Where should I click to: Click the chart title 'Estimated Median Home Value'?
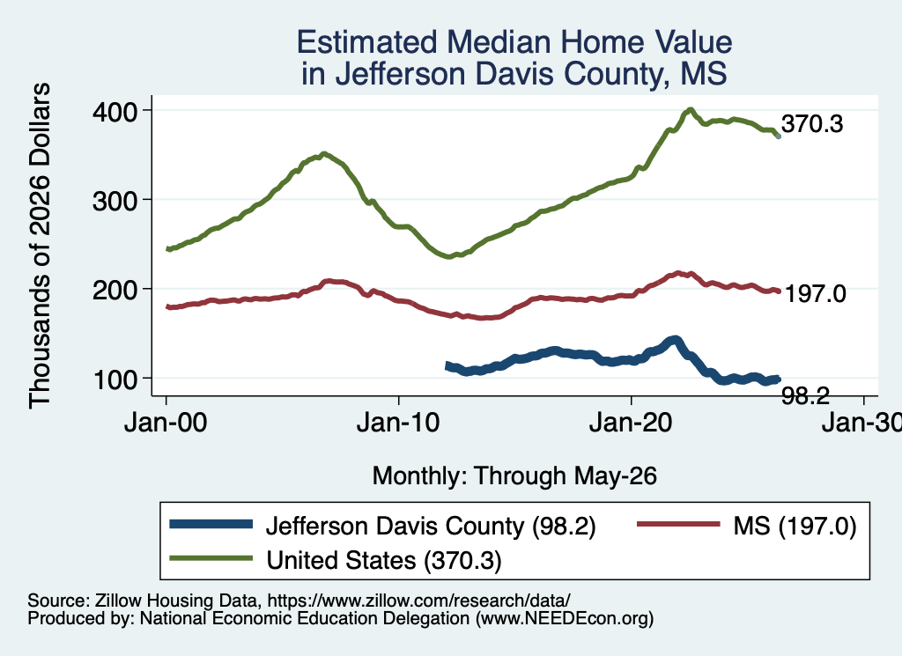514,42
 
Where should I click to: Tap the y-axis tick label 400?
115,111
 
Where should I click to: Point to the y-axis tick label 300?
115,201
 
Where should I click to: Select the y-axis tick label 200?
115,290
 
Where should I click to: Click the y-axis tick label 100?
115,380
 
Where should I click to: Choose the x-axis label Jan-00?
166,424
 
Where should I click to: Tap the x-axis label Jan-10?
398,424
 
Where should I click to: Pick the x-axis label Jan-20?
631,424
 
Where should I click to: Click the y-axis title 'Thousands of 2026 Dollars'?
41,246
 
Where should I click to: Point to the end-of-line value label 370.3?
812,123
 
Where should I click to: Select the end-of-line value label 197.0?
815,294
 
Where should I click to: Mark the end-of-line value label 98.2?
806,396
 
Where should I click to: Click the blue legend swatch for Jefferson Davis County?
211,524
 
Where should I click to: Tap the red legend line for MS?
679,524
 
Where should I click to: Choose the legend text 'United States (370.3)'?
384,560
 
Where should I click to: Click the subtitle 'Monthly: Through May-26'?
514,476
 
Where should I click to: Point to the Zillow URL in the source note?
418,601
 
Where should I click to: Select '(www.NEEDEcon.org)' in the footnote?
565,619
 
